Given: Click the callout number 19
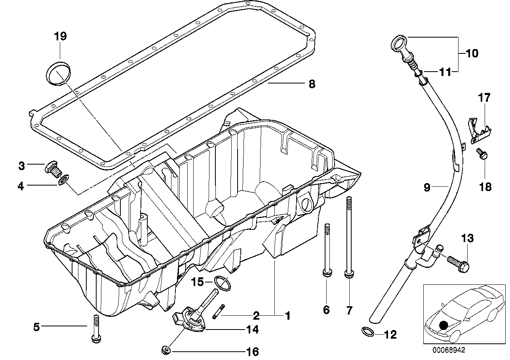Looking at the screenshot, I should [60, 36].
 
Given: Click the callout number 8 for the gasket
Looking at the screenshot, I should [312, 84].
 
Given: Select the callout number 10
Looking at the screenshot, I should [472, 53].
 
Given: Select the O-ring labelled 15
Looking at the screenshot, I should [222, 283].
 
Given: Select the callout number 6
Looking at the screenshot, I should [326, 309].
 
